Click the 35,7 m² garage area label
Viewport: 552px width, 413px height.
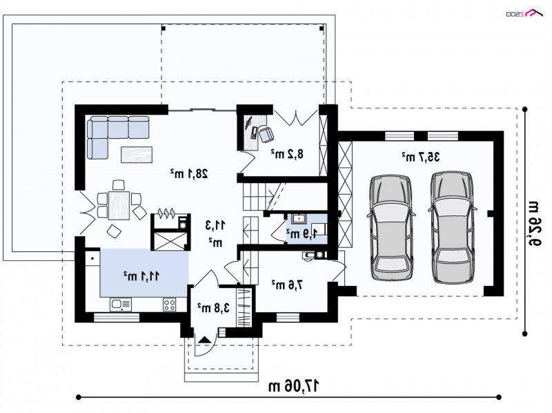pos(421,157)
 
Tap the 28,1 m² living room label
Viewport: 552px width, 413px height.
pos(188,173)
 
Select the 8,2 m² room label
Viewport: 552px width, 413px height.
pos(287,154)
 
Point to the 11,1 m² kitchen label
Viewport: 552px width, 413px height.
pos(141,276)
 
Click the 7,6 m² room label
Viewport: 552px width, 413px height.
pos(287,285)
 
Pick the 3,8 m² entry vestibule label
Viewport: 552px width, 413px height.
pos(213,307)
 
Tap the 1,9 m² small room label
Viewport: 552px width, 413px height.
pos(302,233)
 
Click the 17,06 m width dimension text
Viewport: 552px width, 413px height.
pos(294,386)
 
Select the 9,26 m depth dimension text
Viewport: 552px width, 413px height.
pos(533,223)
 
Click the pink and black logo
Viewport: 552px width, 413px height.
pos(524,13)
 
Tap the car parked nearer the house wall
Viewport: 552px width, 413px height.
pos(391,228)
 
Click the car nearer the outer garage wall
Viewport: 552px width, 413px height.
pos(453,228)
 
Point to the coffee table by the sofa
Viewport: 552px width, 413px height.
pos(137,155)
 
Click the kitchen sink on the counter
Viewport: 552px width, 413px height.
pos(120,305)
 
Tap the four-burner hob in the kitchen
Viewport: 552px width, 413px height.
pos(169,305)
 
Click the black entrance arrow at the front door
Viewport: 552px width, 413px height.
pos(205,340)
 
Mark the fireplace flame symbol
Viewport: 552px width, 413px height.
pos(167,213)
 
